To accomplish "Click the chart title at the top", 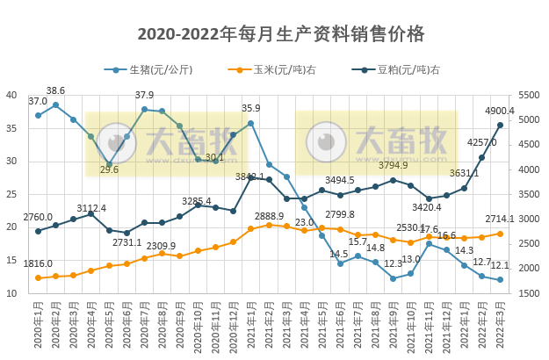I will pyautogui.click(x=281, y=33).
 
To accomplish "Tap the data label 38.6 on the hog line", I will pyautogui.click(x=55, y=91).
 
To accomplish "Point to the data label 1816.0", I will pyautogui.click(x=37, y=263).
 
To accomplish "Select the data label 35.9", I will pyautogui.click(x=251, y=109).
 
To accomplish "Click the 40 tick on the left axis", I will pyautogui.click(x=11, y=95).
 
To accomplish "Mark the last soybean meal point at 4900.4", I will pyautogui.click(x=500, y=125).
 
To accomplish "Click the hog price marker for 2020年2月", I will pyautogui.click(x=55, y=104).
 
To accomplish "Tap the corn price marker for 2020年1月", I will pyautogui.click(x=38, y=277).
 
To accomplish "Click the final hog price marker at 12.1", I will pyautogui.click(x=500, y=280).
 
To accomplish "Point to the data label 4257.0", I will pyautogui.click(x=482, y=142).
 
